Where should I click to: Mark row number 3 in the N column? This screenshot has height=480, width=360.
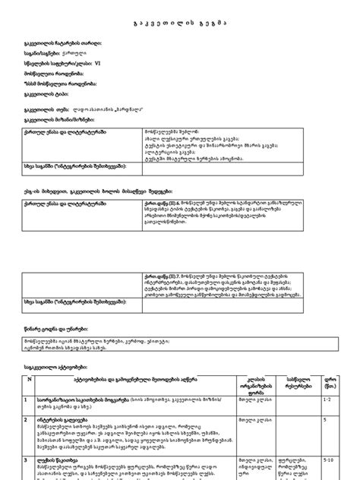[x=28, y=459]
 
